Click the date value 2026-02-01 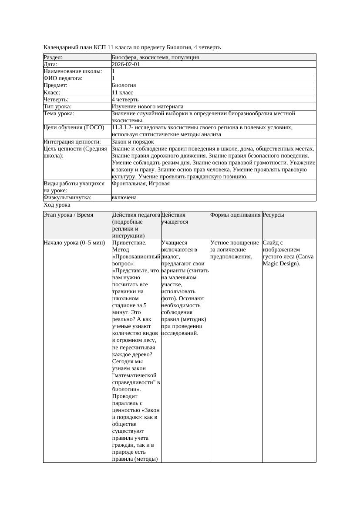(x=126, y=64)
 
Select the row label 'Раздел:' (x=53, y=57)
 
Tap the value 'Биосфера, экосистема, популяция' (x=155, y=57)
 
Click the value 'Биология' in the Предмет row (x=124, y=86)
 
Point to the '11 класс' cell (x=122, y=93)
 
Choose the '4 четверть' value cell (x=125, y=100)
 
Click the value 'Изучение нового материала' (x=148, y=107)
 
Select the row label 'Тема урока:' (x=59, y=114)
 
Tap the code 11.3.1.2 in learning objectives (x=122, y=127)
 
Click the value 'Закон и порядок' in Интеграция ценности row (x=133, y=142)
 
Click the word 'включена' (x=124, y=198)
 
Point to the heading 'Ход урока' (x=57, y=205)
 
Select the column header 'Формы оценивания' (x=236, y=215)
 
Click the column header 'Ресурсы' (x=273, y=215)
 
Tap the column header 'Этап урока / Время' (x=68, y=215)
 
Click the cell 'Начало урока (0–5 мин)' (x=74, y=243)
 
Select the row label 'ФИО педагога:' (x=63, y=78)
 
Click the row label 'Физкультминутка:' (x=67, y=198)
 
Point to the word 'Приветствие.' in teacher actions (x=129, y=243)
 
